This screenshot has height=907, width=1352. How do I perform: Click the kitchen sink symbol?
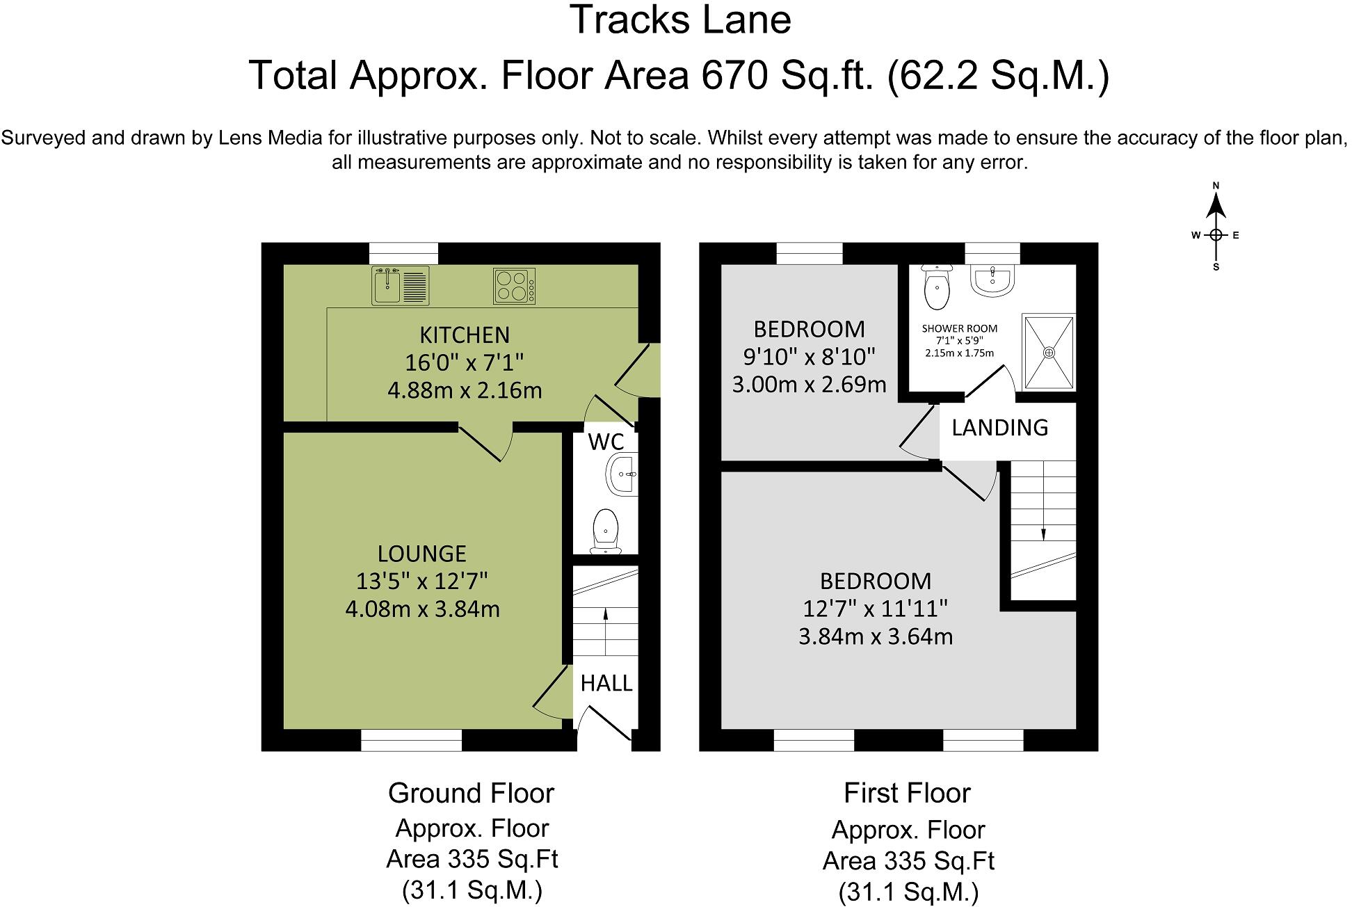pyautogui.click(x=401, y=285)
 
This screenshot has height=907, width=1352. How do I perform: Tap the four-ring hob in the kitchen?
pyautogui.click(x=515, y=286)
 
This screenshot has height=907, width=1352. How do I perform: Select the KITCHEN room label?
pyautogui.click(x=465, y=335)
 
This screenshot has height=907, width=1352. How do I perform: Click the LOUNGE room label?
pyautogui.click(x=422, y=554)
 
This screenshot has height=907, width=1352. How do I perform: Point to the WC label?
pyautogui.click(x=606, y=442)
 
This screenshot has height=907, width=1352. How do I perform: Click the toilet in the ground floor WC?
pyautogui.click(x=606, y=531)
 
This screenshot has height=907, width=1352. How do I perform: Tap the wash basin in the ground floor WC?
pyautogui.click(x=622, y=475)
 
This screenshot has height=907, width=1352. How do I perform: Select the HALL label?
pyautogui.click(x=606, y=684)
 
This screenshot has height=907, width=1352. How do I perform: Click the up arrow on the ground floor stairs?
pyautogui.click(x=605, y=632)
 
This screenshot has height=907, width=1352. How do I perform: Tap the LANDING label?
pyautogui.click(x=999, y=428)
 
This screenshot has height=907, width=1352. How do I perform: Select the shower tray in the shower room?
pyautogui.click(x=1049, y=352)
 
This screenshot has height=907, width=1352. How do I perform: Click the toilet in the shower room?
pyautogui.click(x=937, y=287)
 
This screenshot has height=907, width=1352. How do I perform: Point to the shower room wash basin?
pyautogui.click(x=994, y=280)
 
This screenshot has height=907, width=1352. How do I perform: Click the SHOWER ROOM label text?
pyautogui.click(x=960, y=328)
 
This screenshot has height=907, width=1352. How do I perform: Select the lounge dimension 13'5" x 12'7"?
pyautogui.click(x=422, y=581)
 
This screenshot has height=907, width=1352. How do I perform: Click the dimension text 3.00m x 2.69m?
pyautogui.click(x=809, y=384)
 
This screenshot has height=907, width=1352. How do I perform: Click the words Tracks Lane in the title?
pyautogui.click(x=680, y=19)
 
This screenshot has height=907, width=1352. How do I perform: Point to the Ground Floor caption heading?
pyautogui.click(x=471, y=793)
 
